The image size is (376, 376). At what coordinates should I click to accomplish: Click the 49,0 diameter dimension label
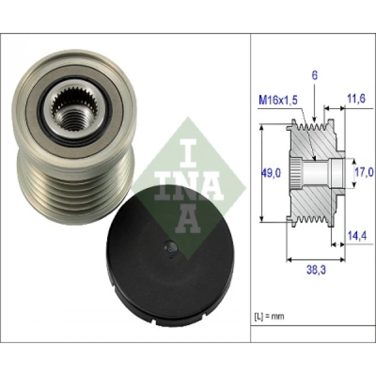[270, 173]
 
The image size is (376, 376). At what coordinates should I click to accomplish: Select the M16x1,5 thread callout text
[278, 100]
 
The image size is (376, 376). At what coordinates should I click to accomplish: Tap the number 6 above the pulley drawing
[315, 75]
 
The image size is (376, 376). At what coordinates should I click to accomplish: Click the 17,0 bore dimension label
[364, 172]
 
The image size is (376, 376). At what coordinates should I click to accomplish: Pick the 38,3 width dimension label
[316, 270]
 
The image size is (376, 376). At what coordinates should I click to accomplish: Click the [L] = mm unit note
[269, 316]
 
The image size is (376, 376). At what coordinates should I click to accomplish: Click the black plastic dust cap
[170, 256]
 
